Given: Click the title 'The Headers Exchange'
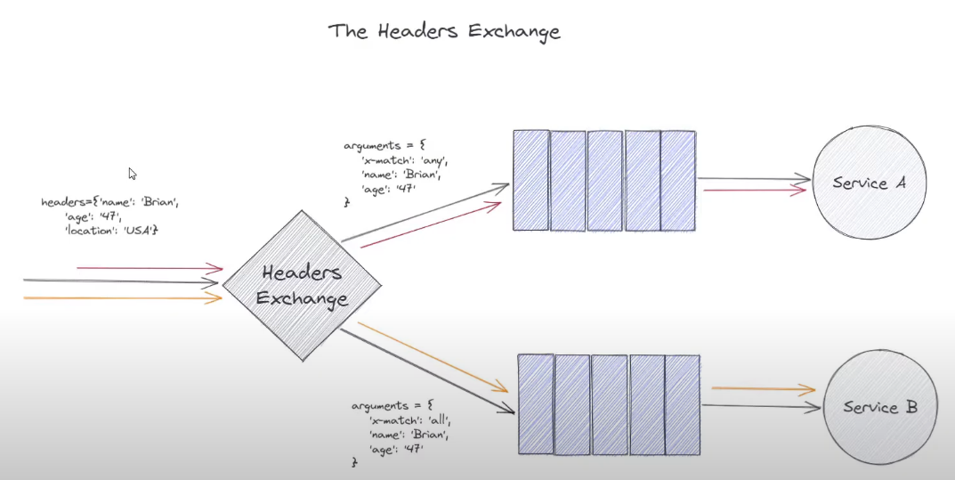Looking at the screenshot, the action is coord(444,31).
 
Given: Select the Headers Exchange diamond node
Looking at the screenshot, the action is coord(302,285).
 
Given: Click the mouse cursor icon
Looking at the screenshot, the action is coord(133,174).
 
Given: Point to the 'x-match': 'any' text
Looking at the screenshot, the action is coord(402,160).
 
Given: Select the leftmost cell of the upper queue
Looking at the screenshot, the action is coord(531,181).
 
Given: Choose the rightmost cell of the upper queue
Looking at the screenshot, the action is coord(677,181).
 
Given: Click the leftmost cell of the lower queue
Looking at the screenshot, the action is coord(536,405).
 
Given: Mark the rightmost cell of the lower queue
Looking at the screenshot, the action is coord(683,405).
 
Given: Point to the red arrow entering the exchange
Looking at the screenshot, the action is coord(150,267).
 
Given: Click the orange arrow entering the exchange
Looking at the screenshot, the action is coord(123,298).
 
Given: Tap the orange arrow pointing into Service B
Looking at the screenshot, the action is coord(764,389).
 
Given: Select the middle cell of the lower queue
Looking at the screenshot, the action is coord(609,405).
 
